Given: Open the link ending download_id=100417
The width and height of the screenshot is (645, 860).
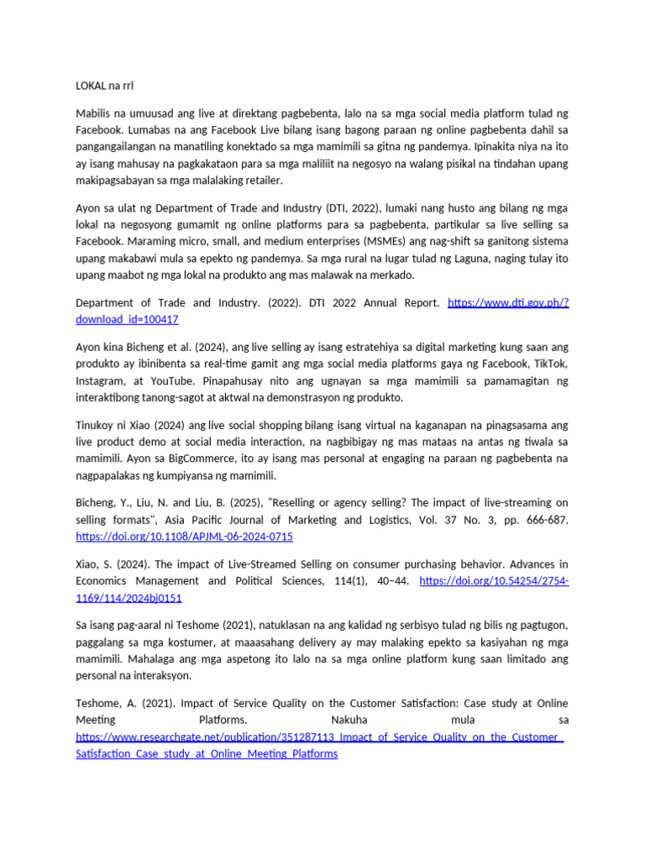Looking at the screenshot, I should (128, 320).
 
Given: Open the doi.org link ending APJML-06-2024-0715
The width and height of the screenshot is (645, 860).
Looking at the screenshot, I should (185, 537).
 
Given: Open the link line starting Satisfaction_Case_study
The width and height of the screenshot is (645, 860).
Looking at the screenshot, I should (207, 754).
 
